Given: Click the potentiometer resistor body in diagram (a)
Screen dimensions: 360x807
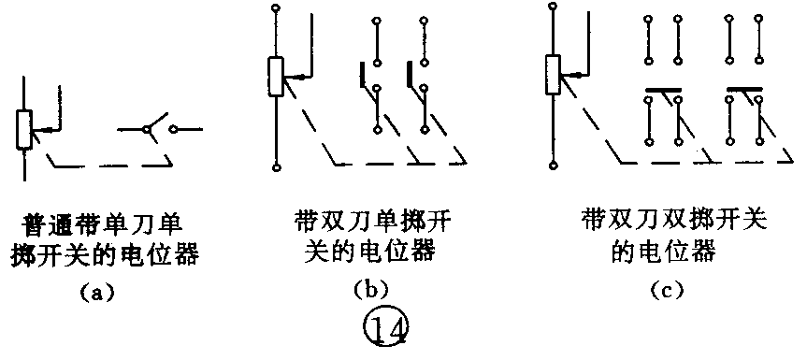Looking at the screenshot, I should click(23, 130).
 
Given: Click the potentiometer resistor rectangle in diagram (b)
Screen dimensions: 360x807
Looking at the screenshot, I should click(276, 76).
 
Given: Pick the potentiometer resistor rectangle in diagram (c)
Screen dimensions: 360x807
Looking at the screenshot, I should click(553, 76).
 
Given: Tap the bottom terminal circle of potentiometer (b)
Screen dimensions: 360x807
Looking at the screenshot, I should click(276, 167).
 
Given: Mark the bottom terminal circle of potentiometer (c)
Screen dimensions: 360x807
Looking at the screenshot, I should click(553, 167).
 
